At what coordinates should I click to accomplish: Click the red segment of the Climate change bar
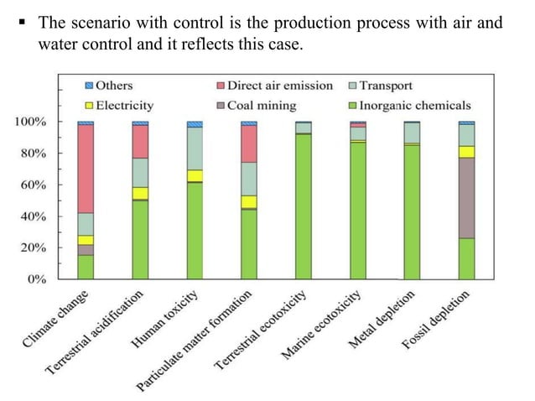(86, 169)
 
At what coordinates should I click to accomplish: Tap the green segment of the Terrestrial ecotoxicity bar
(304, 206)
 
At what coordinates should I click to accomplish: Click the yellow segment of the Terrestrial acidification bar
(140, 193)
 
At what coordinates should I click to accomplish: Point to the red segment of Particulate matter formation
(249, 143)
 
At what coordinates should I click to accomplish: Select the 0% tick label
(36, 279)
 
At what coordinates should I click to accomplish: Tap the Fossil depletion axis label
(440, 323)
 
